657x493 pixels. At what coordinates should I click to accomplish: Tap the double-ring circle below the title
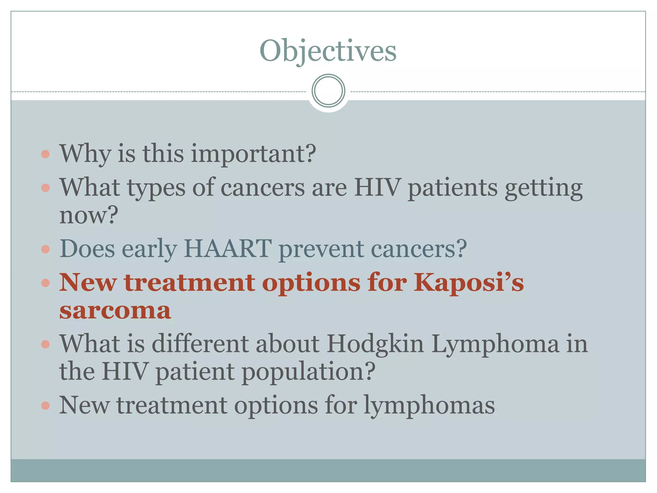[x=328, y=91]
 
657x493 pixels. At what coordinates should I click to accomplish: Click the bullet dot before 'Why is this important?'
[x=46, y=154]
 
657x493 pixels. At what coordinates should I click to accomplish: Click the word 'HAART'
[x=227, y=249]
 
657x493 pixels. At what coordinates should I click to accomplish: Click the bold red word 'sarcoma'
[x=115, y=311]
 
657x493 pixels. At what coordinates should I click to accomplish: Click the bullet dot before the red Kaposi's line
[x=46, y=283]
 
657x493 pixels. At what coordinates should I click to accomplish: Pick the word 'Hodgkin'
[x=375, y=344]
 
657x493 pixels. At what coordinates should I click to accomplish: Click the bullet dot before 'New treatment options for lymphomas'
[x=46, y=406]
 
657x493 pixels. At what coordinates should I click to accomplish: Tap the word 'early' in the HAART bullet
[x=149, y=249]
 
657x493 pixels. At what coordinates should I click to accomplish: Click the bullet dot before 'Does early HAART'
[x=46, y=249]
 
